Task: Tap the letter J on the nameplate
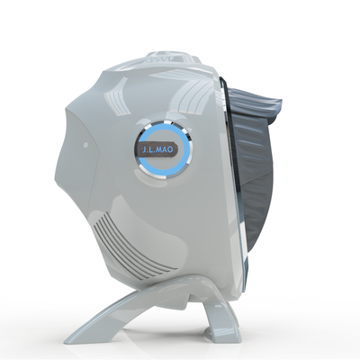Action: click(145, 149)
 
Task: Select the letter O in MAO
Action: click(171, 149)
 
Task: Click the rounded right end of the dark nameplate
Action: click(176, 149)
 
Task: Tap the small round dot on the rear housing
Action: click(85, 145)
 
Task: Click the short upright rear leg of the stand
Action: click(220, 318)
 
